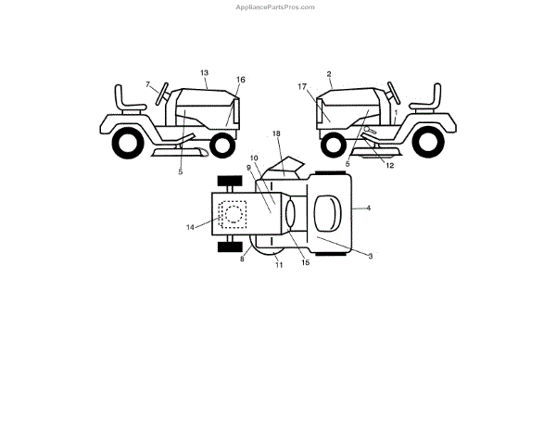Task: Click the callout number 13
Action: [204, 71]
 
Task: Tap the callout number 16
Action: [241, 80]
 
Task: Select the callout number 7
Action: [147, 85]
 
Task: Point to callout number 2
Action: [329, 72]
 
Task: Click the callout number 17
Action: [302, 86]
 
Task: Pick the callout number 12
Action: [389, 166]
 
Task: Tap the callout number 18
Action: [276, 134]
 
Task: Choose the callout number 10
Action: [254, 158]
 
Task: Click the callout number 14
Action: [191, 226]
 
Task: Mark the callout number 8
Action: [242, 259]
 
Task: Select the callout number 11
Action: [278, 266]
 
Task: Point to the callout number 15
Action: [305, 263]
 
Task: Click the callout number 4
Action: [368, 209]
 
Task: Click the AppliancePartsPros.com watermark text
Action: [277, 6]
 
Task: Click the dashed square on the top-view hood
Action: [233, 214]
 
